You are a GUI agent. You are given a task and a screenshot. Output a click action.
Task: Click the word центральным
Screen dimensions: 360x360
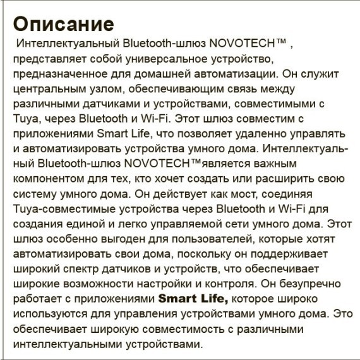[46, 90]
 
